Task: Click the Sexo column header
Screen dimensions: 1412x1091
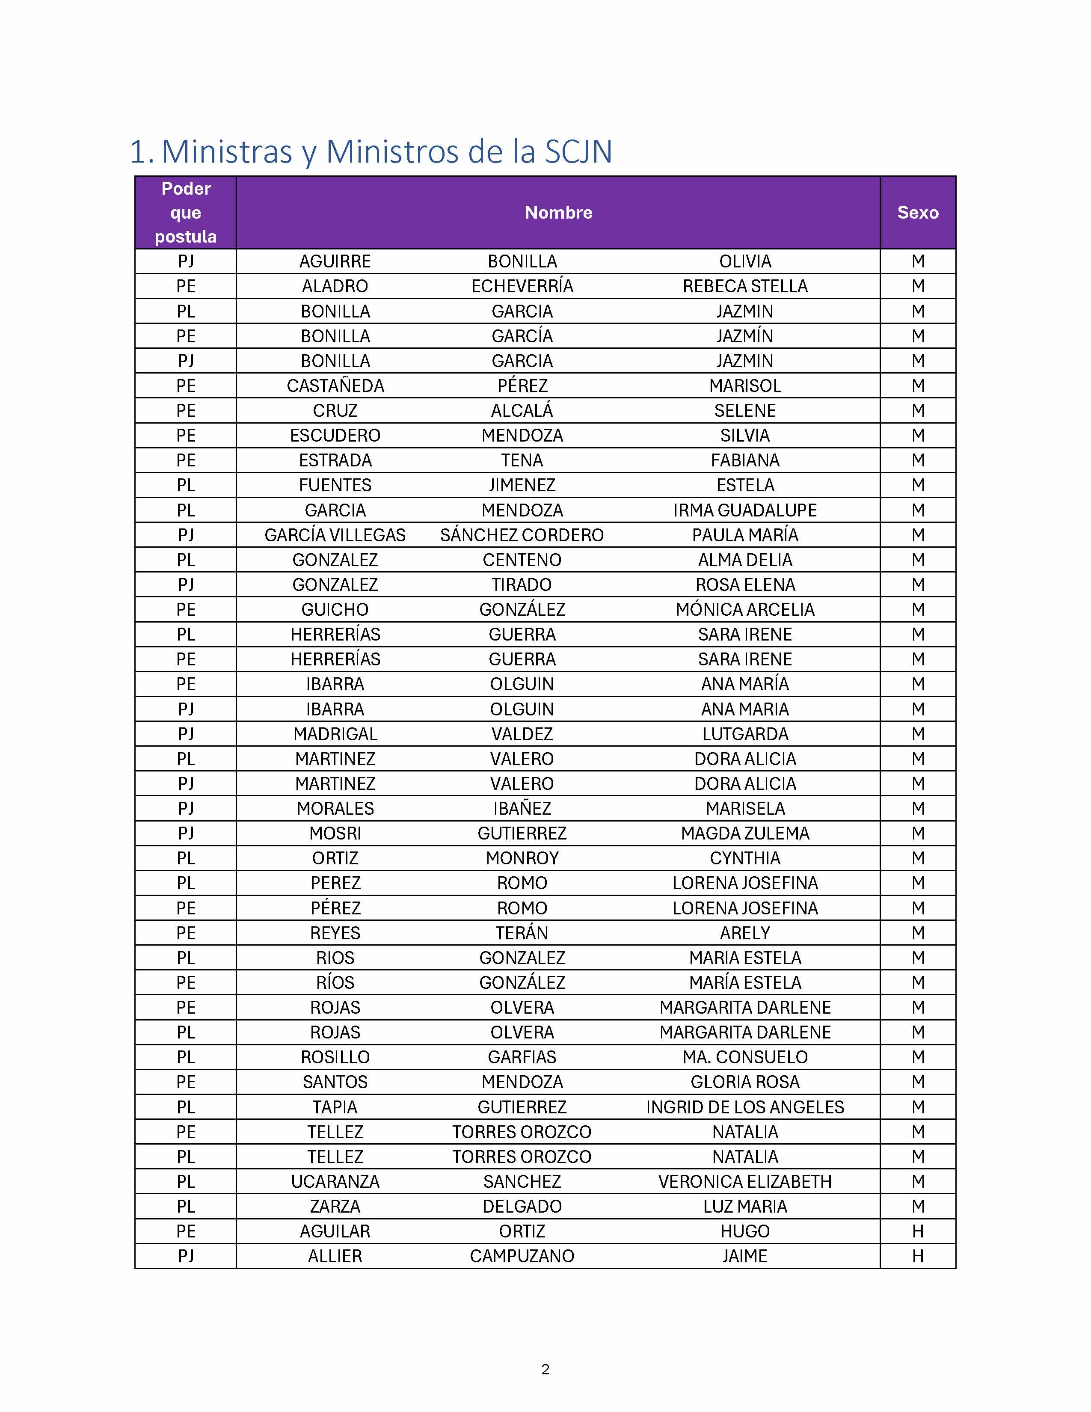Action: click(917, 213)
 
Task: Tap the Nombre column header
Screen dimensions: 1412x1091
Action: click(558, 213)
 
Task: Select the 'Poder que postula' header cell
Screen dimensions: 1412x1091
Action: click(186, 213)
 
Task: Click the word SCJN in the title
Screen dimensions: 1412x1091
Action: click(578, 152)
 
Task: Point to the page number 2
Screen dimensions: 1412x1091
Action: click(545, 1369)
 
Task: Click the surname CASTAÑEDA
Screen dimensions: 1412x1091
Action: click(335, 386)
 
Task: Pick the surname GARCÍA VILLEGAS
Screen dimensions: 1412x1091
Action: click(335, 535)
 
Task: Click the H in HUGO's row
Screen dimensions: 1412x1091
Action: click(917, 1231)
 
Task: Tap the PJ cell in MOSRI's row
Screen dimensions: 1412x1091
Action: click(186, 834)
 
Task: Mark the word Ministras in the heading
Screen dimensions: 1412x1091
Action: click(226, 152)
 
